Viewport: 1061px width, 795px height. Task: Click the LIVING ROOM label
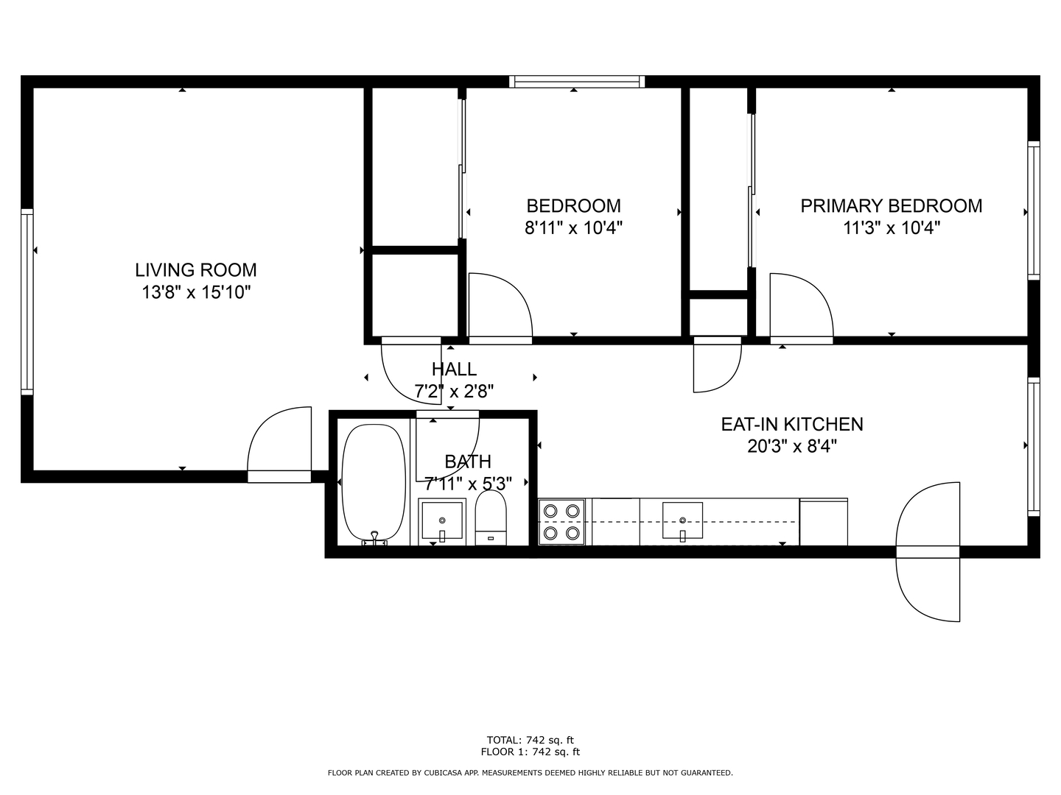click(x=196, y=270)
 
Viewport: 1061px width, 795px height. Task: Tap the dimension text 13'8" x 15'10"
click(x=196, y=293)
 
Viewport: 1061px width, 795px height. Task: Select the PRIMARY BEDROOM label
click(x=891, y=206)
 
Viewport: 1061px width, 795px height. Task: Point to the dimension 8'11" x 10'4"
click(x=573, y=228)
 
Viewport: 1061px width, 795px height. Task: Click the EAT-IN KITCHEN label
click(x=791, y=424)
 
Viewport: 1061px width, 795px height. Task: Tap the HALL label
click(x=454, y=369)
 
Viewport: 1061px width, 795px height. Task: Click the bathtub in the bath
click(x=374, y=482)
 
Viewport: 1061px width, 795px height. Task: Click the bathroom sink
click(x=442, y=522)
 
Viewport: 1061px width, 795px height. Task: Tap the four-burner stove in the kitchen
click(x=561, y=521)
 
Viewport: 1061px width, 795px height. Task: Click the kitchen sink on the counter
click(x=682, y=522)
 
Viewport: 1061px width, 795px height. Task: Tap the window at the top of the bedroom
click(x=576, y=82)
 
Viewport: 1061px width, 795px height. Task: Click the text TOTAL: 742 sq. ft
click(x=530, y=740)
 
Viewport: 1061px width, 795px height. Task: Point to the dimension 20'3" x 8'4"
click(x=791, y=446)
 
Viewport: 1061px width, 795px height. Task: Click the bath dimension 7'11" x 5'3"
click(x=468, y=484)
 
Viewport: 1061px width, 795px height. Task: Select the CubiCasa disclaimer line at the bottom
click(x=530, y=773)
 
